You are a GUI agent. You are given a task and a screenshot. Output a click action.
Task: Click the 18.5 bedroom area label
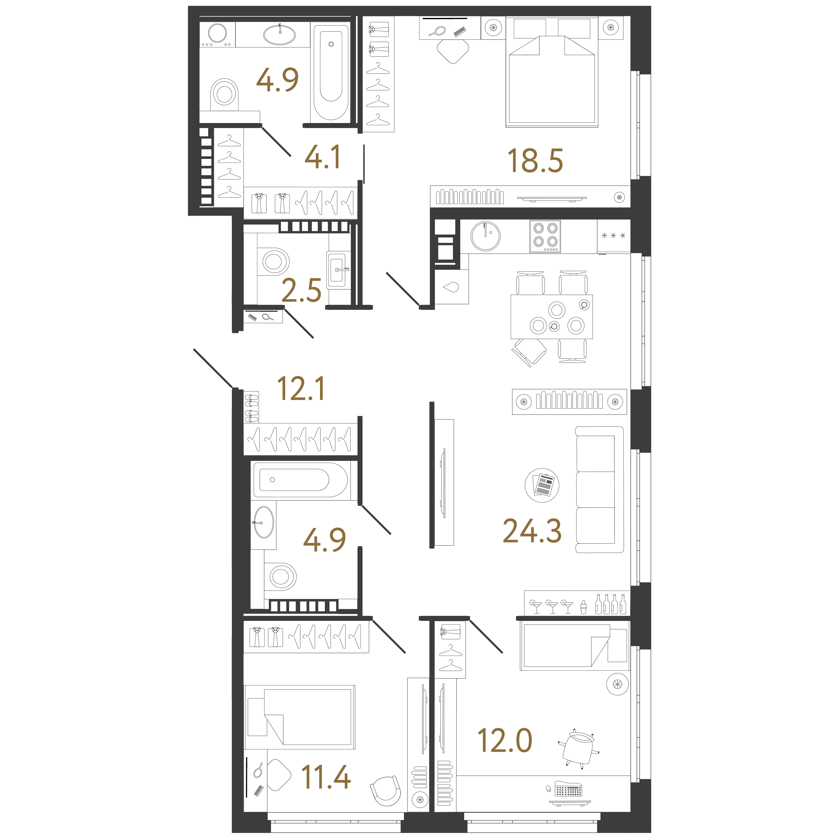tap(535, 160)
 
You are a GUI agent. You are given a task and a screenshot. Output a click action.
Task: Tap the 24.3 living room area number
tap(532, 531)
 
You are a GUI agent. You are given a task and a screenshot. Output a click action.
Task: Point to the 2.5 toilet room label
tap(301, 290)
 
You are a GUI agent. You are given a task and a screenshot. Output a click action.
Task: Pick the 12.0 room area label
tap(505, 741)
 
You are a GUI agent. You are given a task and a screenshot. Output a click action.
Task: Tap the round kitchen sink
tap(485, 236)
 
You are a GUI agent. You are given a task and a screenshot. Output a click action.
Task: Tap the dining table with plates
tap(551, 317)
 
